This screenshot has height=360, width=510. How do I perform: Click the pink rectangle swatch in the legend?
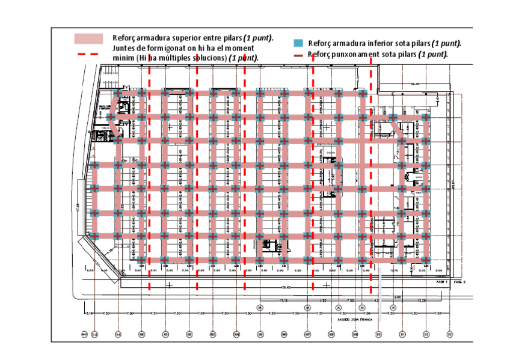click(x=89, y=38)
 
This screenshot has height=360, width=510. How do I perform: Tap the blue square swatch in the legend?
click(x=298, y=43)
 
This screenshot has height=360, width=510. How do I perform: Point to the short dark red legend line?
click(x=297, y=55)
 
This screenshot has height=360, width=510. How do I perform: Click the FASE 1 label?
click(x=441, y=281)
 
